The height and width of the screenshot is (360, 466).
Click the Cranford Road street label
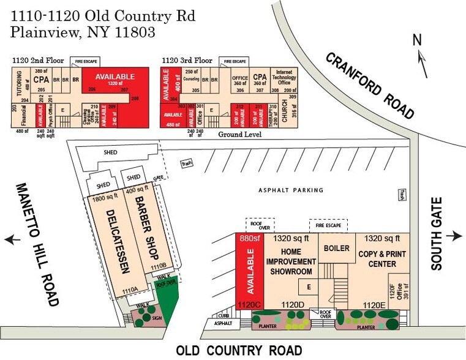pos(370,85)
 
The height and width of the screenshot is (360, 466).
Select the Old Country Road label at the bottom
pos(239,350)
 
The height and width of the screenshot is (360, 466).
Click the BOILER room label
pos(336,249)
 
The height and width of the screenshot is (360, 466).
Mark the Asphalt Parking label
pos(291,190)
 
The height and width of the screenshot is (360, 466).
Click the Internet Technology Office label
pos(284,77)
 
